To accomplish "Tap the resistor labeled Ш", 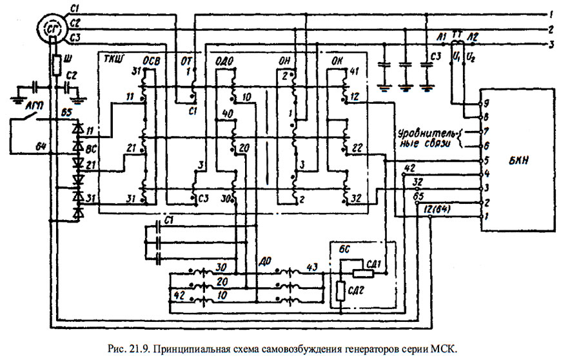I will coord(56,65).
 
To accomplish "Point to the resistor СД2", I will coord(340,290).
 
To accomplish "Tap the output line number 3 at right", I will coord(552,45).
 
